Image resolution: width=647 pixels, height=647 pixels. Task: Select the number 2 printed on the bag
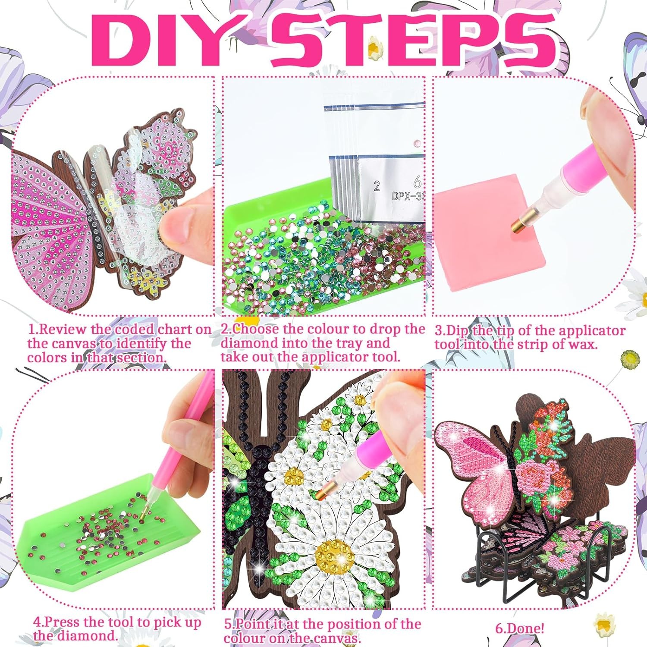click(377, 186)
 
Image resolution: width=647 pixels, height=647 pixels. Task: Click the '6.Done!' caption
click(519, 628)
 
